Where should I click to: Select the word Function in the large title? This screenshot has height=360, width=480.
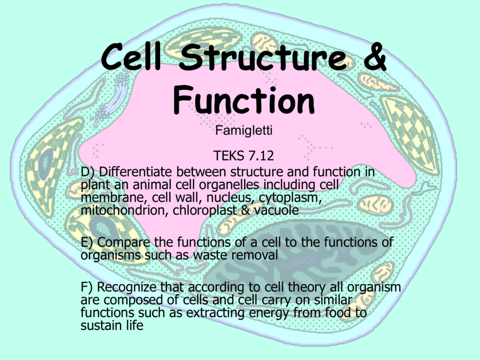pyautogui.click(x=244, y=100)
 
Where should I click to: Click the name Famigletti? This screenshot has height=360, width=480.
pyautogui.click(x=244, y=130)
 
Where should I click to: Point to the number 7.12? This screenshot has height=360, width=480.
pyautogui.click(x=261, y=156)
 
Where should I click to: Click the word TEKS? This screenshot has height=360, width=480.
pyautogui.click(x=229, y=156)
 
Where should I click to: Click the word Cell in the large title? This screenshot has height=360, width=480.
pyautogui.click(x=131, y=57)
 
